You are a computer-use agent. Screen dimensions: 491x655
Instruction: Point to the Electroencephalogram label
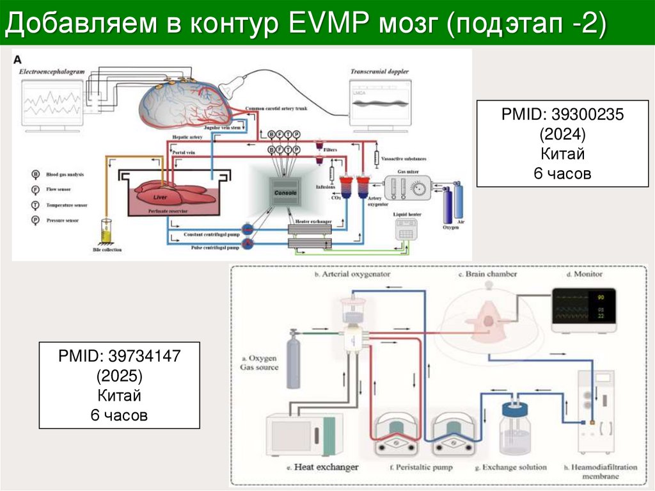click(x=52, y=72)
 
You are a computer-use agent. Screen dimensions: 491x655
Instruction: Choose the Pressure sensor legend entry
click(x=63, y=220)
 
